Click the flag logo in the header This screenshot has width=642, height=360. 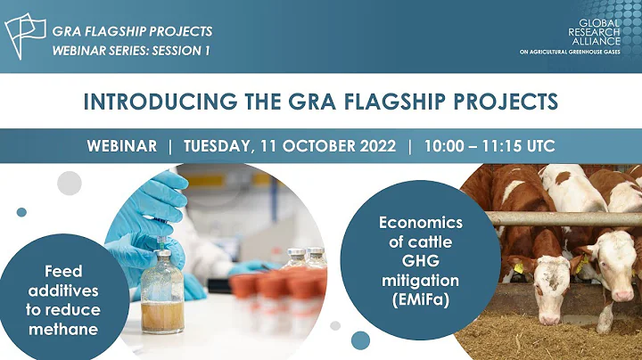25,36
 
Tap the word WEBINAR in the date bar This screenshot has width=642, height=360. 122,146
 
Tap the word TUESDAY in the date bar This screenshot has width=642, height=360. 221,146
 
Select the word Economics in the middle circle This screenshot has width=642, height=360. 421,222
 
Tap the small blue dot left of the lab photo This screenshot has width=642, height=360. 21,212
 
